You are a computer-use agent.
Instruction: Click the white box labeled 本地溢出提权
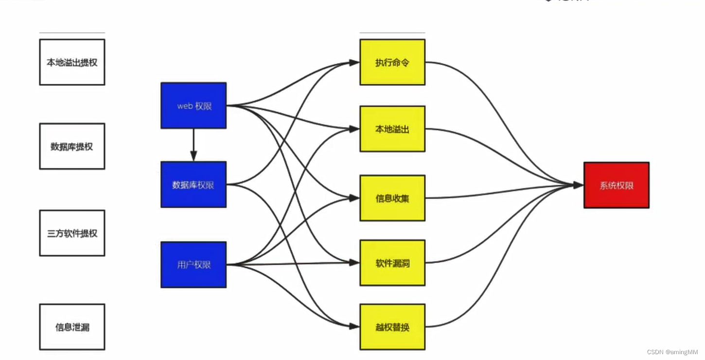72,62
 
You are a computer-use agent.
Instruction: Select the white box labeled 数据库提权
72,146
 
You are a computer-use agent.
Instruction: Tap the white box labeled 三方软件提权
72,233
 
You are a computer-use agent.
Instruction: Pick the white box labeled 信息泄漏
72,327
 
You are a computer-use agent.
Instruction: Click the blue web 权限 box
194,106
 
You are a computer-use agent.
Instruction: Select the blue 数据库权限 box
194,185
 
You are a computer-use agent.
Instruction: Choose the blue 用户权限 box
194,265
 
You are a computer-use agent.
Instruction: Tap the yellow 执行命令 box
392,62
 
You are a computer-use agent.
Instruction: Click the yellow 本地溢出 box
392,129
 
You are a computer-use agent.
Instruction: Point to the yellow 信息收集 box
392,198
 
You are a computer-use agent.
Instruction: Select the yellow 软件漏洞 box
392,263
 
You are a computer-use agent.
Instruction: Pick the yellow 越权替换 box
392,327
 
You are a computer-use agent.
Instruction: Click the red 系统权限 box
617,185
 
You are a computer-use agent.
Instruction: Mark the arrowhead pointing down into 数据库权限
194,156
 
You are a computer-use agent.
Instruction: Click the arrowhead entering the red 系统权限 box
578,185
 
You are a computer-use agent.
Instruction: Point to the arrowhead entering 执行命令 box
354,62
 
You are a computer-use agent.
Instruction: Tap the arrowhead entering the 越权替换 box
354,326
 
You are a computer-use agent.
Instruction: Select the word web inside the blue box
185,106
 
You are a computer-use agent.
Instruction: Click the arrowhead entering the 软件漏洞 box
354,263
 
